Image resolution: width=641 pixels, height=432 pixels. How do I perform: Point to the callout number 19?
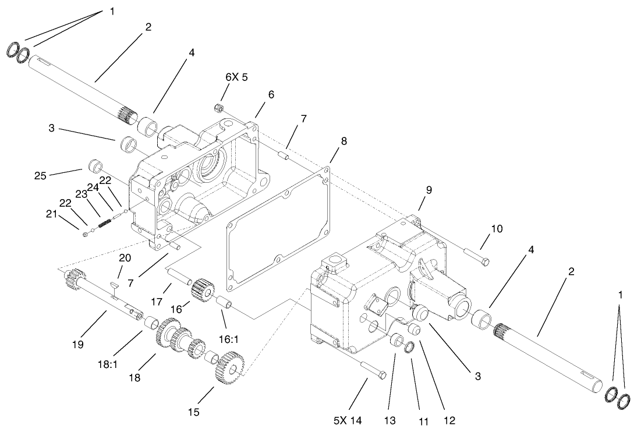coord(78,345)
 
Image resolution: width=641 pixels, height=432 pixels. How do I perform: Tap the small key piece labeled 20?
coord(114,285)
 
